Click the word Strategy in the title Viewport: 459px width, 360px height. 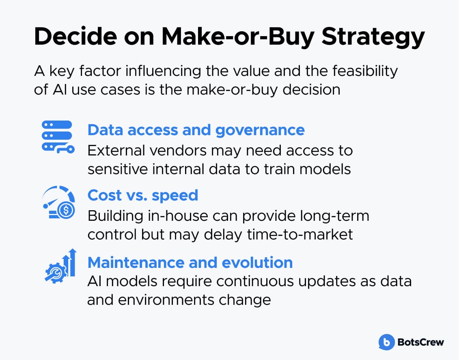tap(373, 38)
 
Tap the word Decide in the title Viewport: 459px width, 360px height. tap(75, 36)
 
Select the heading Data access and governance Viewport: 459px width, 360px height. tap(196, 130)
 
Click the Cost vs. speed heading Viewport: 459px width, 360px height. tap(143, 196)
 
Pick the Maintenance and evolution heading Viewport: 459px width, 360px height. tap(190, 262)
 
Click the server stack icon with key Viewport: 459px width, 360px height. tap(58, 137)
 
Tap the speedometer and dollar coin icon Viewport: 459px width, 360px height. tap(58, 202)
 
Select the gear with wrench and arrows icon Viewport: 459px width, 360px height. tap(60, 266)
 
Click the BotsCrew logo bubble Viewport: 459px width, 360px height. tap(386, 342)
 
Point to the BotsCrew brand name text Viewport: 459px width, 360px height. tap(421, 342)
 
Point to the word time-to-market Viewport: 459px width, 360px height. tap(300, 235)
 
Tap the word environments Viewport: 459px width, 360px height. tap(166, 300)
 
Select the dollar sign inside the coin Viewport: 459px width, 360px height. tap(66, 210)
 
